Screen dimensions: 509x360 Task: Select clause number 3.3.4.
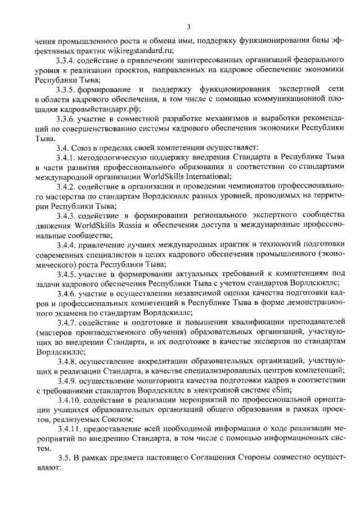[66, 60]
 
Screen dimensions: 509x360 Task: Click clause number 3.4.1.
[66, 157]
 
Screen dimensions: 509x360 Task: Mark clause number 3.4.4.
[66, 246]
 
